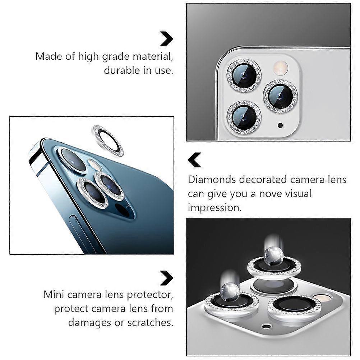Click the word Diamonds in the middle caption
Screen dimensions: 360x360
(x=212, y=180)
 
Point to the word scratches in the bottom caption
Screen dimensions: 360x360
(x=150, y=323)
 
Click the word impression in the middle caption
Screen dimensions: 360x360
(x=214, y=208)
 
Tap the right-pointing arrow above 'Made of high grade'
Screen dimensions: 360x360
(x=166, y=38)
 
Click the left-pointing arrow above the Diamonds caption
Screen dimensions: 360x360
(x=194, y=160)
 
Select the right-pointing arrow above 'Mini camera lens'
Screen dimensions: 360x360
(x=166, y=278)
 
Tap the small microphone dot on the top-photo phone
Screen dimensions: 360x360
(x=280, y=125)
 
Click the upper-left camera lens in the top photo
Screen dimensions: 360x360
(x=244, y=75)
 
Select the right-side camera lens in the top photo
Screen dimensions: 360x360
(x=280, y=96)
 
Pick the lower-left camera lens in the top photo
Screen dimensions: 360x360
(x=244, y=117)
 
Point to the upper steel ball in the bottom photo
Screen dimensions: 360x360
(x=274, y=256)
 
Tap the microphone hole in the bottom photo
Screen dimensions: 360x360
(x=267, y=326)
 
